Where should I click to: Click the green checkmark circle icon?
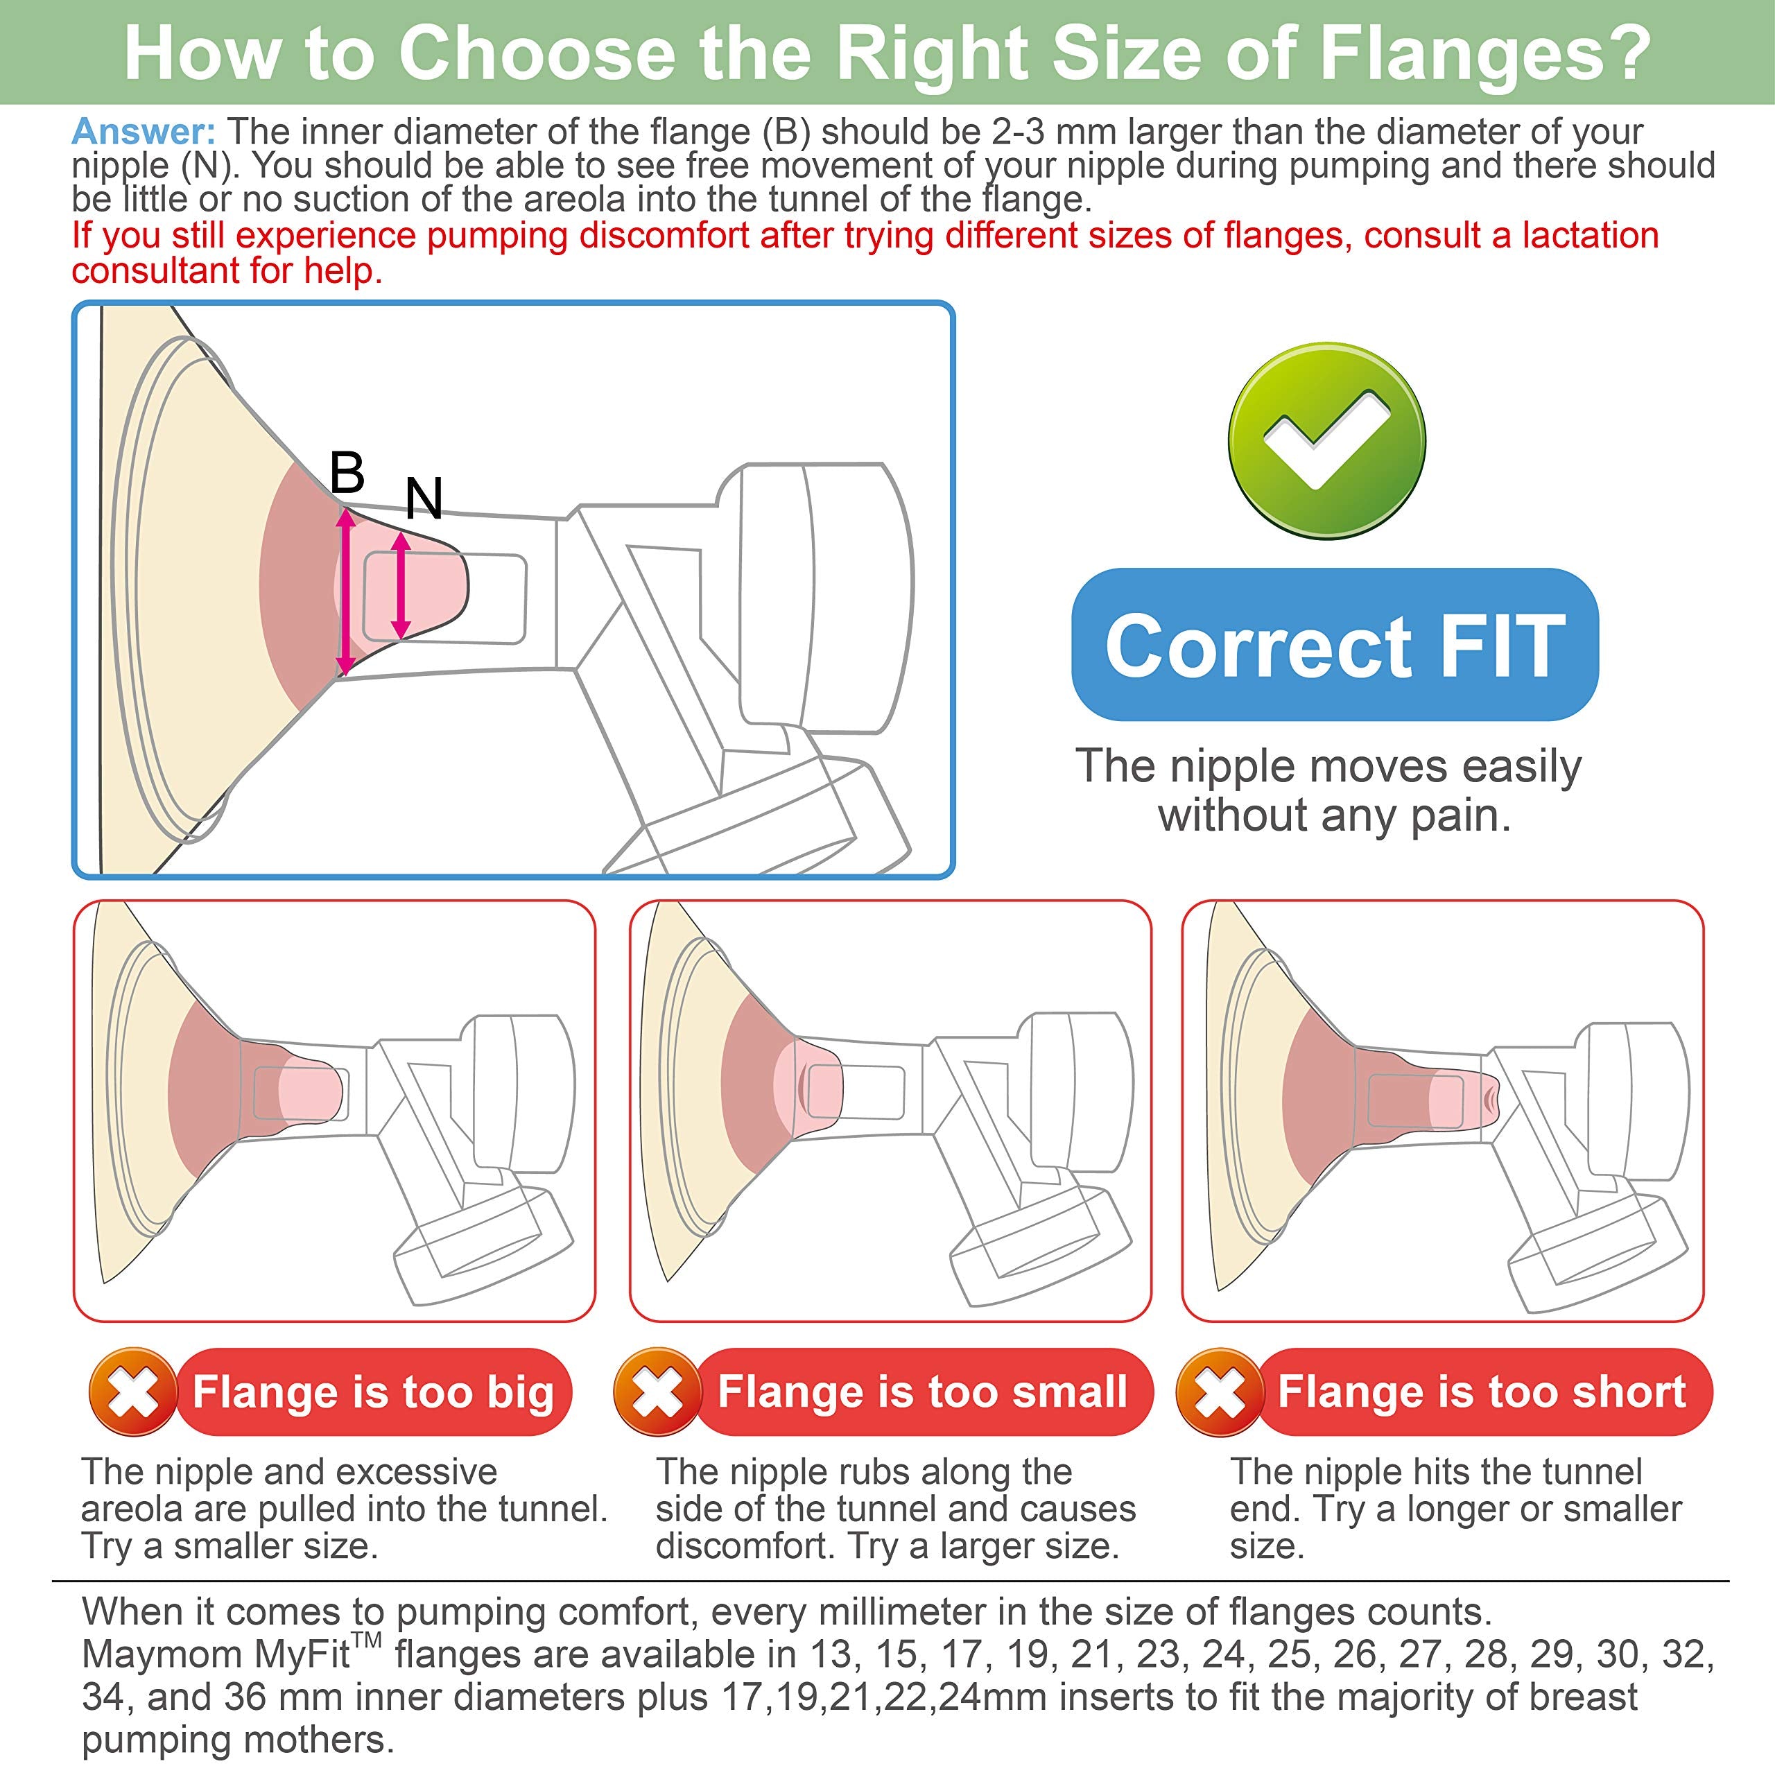tap(1326, 440)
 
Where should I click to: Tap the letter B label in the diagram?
tap(347, 473)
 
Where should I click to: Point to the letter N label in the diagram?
tap(424, 499)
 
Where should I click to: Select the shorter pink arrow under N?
tap(401, 585)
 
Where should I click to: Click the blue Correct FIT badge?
tap(1335, 645)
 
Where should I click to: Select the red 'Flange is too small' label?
tap(922, 1392)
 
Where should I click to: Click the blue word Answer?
tap(144, 131)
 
